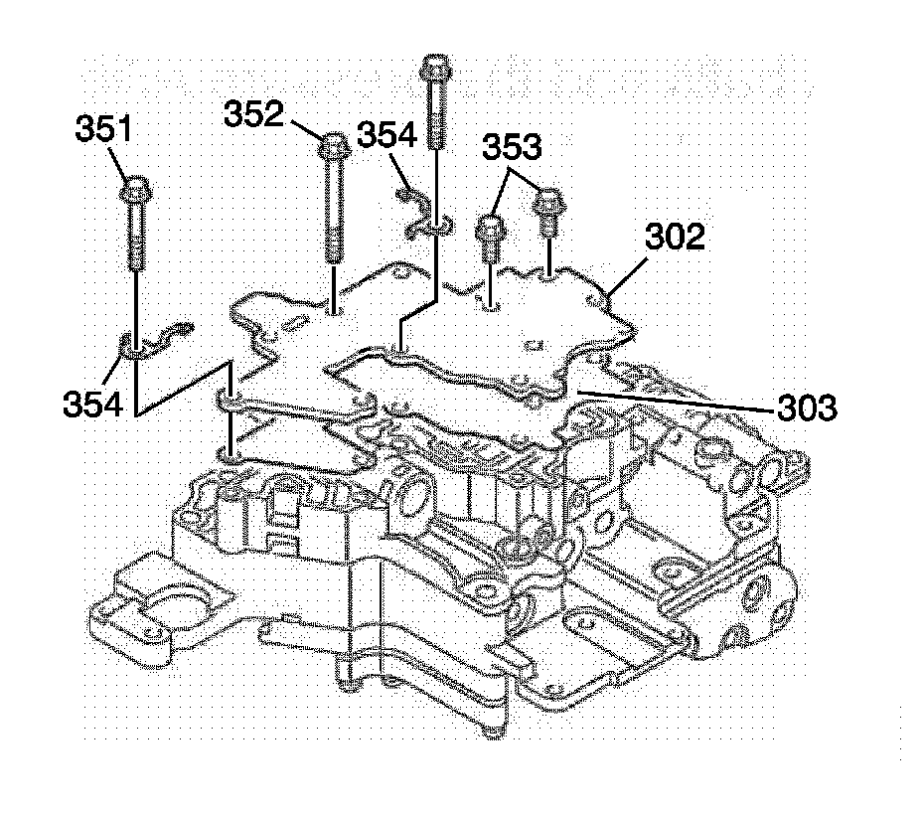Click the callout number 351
pyautogui.click(x=103, y=130)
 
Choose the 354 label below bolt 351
pyautogui.click(x=93, y=404)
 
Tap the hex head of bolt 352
pyautogui.click(x=332, y=150)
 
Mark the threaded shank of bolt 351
pyautogui.click(x=135, y=234)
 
